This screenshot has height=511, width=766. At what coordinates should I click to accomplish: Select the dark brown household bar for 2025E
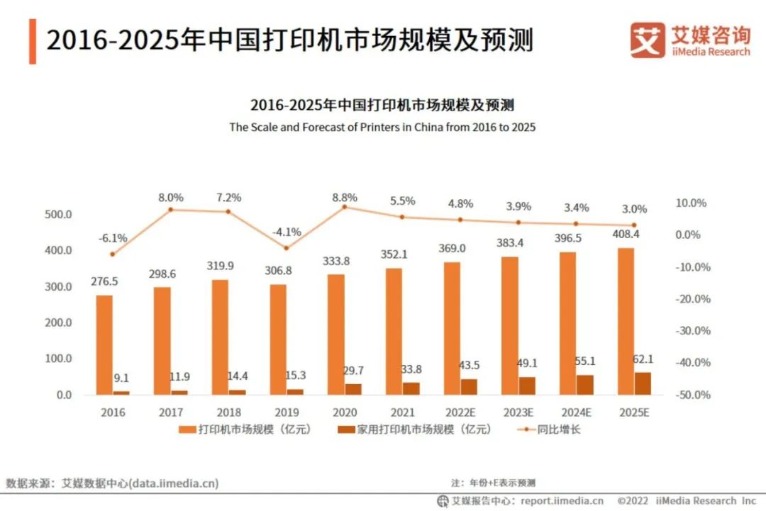click(642, 383)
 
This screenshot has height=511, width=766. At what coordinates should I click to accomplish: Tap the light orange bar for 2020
click(336, 334)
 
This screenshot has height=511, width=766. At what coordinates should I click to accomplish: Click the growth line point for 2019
click(286, 248)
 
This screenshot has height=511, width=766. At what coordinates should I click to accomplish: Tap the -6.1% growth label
click(112, 237)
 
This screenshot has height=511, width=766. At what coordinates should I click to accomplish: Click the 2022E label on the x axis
click(460, 412)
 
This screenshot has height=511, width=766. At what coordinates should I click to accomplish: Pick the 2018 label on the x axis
click(228, 412)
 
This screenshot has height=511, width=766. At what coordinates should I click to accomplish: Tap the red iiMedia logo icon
click(648, 40)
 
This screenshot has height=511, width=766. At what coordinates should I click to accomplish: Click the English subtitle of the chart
click(382, 128)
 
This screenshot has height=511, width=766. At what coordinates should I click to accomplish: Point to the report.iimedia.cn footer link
click(560, 501)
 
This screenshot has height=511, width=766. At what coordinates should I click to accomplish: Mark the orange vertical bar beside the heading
click(33, 41)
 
